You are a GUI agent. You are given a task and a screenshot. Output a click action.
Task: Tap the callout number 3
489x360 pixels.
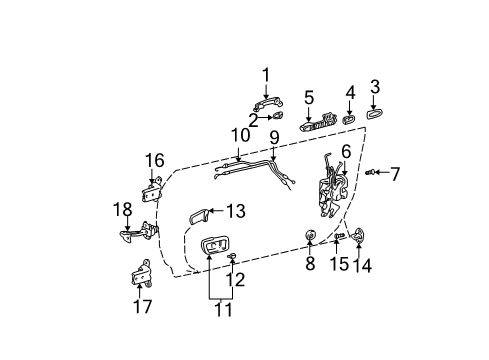tap(375, 87)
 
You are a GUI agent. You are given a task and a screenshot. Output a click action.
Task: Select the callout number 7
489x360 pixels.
tap(394, 174)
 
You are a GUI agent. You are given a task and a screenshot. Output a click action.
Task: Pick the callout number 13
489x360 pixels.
tap(235, 211)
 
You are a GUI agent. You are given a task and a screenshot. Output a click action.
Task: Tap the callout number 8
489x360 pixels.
tap(309, 265)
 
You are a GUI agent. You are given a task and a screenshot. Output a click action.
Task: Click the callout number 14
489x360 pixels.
tap(361, 266)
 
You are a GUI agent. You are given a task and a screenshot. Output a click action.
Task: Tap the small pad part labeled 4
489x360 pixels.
tap(350, 119)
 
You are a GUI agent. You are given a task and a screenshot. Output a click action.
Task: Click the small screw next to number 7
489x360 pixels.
tap(370, 174)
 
